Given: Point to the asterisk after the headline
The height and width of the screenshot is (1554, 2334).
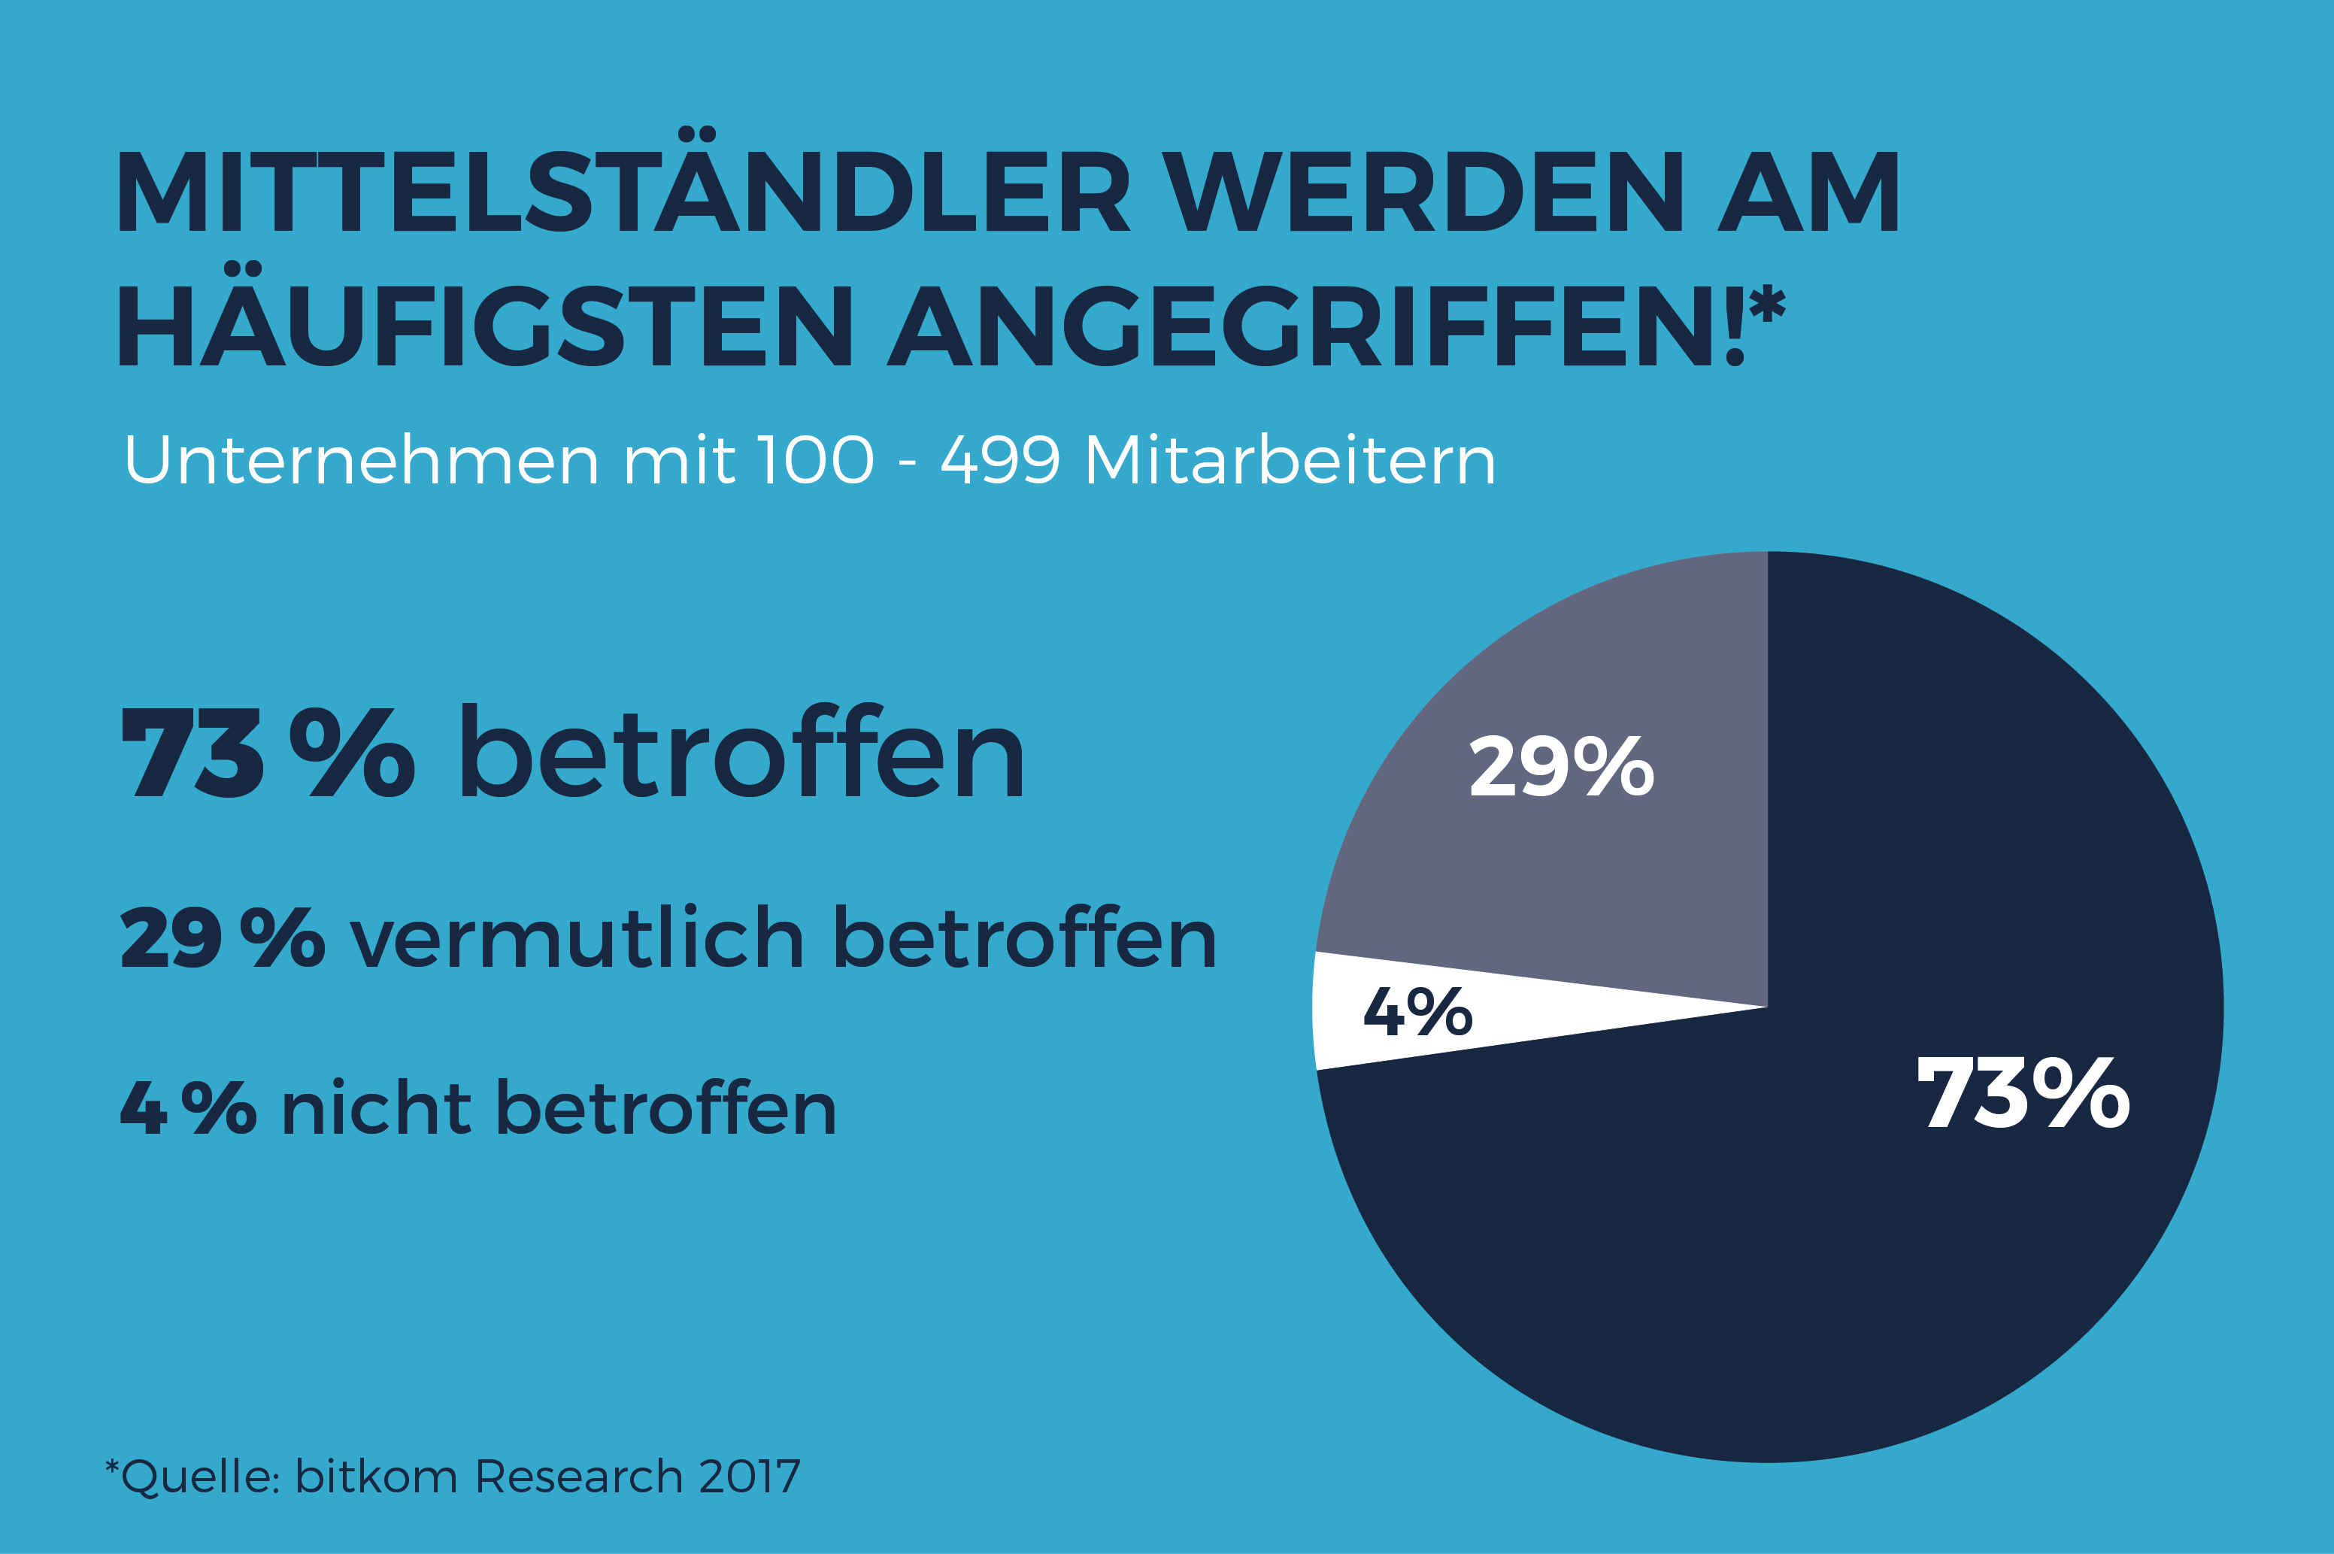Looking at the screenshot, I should [x=1766, y=303].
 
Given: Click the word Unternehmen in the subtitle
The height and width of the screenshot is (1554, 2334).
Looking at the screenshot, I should [x=361, y=461].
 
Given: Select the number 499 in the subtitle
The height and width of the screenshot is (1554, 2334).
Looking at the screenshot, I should [x=1000, y=461].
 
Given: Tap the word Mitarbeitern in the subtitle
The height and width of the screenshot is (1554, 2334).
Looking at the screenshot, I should [x=1290, y=461].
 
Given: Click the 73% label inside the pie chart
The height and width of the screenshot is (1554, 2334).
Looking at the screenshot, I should [x=2023, y=1094].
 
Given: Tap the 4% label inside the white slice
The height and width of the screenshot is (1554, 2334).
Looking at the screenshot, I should [x=1417, y=1012].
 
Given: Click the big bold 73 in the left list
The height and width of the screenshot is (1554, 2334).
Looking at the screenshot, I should [x=192, y=753].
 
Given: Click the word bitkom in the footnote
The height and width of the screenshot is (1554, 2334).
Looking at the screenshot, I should [x=377, y=1477].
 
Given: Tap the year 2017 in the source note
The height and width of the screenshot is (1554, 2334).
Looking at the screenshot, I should [x=749, y=1477].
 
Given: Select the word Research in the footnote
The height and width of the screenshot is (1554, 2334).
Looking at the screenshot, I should [x=579, y=1477].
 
